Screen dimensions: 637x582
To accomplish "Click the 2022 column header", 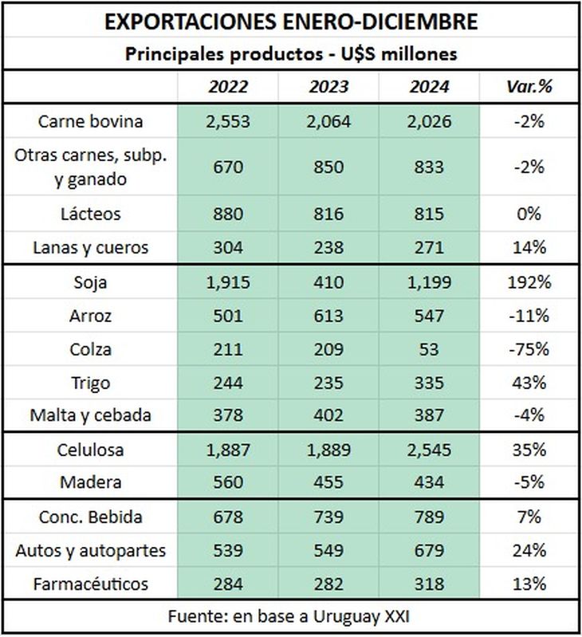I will pos(227,87).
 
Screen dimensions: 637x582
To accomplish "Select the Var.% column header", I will pos(529,87).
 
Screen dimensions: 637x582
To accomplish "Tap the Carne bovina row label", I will pos(91,122).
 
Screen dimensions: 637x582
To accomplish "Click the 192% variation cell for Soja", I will pos(529,281).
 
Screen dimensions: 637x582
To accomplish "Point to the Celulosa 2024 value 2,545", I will pos(430,450).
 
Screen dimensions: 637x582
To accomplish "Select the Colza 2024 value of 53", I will pos(430,349).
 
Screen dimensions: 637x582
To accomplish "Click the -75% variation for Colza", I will pos(529,349).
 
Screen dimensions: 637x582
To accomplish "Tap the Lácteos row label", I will pos(91,214).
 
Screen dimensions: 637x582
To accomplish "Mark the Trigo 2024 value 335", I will pos(430,383).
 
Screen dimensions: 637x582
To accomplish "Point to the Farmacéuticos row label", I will pos(91,584).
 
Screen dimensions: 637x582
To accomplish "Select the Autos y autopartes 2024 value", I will pos(430,550).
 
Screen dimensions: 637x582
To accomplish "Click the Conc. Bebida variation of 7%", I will pos(529,517).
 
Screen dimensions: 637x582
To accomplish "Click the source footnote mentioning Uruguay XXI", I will pos(290,617).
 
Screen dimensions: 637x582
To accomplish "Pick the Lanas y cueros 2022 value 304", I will pos(227,247).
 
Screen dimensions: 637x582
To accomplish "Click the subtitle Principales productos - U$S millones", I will pos(290,54).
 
